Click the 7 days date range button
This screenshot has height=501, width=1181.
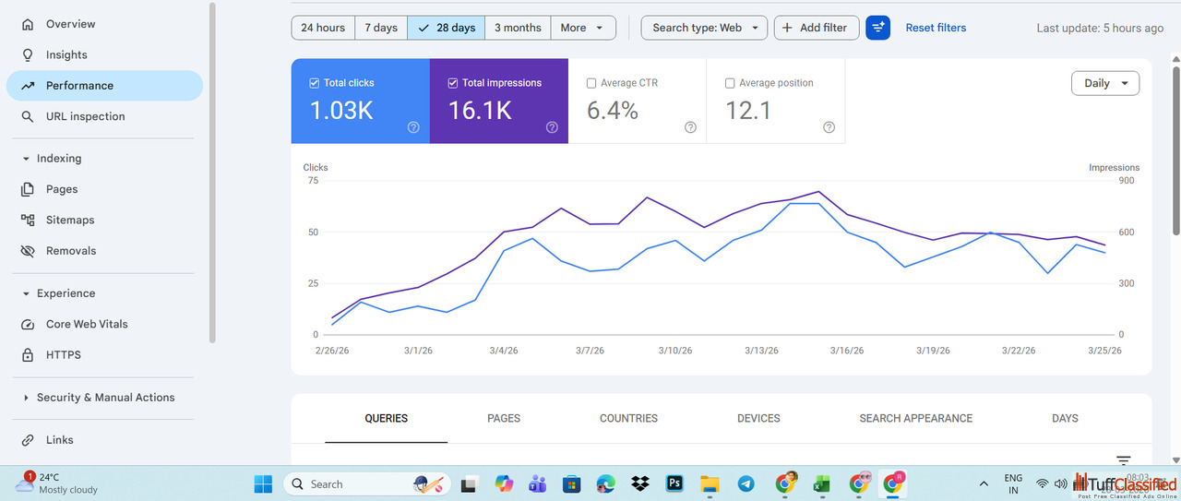(380, 28)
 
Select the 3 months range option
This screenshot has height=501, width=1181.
(518, 28)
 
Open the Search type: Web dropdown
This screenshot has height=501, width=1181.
(704, 28)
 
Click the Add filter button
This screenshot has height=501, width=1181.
(816, 28)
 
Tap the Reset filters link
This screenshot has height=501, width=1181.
(936, 28)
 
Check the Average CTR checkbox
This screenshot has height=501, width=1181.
(591, 83)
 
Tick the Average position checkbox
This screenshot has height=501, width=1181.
(730, 83)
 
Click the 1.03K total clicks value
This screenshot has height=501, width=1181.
(341, 111)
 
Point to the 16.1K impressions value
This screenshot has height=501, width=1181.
(480, 111)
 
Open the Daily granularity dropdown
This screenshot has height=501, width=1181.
(1104, 83)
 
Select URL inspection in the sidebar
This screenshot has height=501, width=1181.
(85, 116)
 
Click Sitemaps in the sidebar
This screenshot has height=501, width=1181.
(70, 220)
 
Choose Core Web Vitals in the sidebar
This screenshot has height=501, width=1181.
(87, 324)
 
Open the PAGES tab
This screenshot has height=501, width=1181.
(504, 418)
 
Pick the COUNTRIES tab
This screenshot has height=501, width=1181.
(628, 418)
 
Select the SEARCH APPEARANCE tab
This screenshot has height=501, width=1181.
(915, 418)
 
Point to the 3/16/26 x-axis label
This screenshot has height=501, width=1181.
(846, 351)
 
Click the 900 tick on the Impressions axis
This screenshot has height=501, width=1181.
(1127, 181)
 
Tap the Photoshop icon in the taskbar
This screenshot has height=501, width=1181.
(674, 483)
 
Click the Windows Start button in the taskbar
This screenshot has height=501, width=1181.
(263, 483)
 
